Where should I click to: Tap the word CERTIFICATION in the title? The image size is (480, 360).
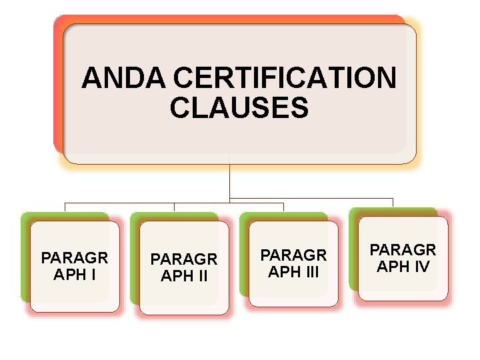coord(285,78)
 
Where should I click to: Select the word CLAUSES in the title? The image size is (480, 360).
coord(239,107)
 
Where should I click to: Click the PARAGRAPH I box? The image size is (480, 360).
coord(75,266)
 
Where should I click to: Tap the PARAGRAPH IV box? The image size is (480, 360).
coord(403,258)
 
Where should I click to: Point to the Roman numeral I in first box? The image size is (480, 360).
coord(93,274)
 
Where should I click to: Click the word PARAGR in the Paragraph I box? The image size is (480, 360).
coord(75,258)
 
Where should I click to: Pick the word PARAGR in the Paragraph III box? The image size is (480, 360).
coord(293,255)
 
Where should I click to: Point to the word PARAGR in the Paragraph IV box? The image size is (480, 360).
coord(403,250)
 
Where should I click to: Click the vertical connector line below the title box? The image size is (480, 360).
coord(229,180)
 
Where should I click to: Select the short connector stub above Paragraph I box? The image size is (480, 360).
coord(65,207)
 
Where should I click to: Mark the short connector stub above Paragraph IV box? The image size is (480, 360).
coord(393,202)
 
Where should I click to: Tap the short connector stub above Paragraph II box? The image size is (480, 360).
coord(174,207)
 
